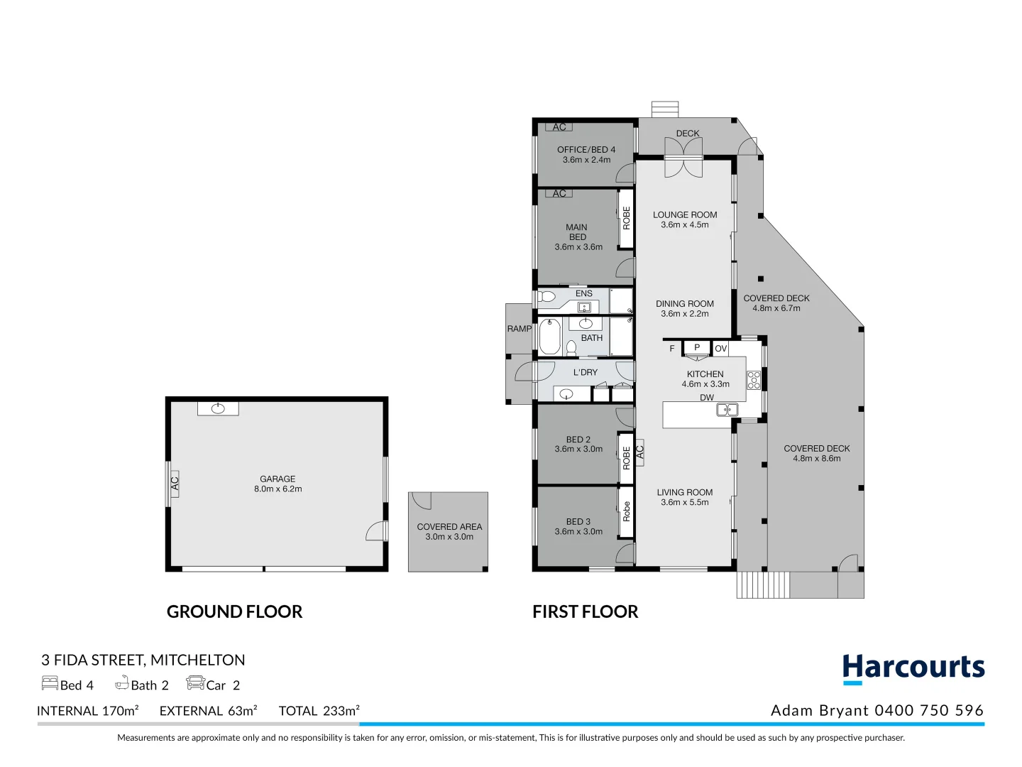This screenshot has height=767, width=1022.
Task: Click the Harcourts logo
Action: (x=913, y=669)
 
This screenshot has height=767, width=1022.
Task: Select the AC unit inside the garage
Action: (x=174, y=483)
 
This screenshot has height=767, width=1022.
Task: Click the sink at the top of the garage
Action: (x=218, y=408)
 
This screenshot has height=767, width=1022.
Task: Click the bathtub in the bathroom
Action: (x=550, y=337)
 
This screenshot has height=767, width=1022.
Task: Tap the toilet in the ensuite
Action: (x=546, y=296)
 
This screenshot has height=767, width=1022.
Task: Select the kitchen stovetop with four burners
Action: (x=754, y=380)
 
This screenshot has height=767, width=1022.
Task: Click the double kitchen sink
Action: (x=727, y=410)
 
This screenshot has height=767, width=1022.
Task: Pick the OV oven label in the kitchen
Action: (x=720, y=348)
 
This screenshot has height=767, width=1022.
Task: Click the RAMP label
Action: (x=519, y=329)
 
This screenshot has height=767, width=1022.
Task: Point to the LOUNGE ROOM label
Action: (x=685, y=214)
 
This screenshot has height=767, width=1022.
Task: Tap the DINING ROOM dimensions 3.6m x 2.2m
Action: (x=685, y=314)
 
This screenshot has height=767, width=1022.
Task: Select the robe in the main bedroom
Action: (x=626, y=218)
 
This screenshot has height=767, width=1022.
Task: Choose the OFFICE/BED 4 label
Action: (x=586, y=150)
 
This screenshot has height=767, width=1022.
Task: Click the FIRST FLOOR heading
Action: (x=585, y=611)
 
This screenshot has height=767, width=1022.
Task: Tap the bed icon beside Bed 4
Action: (x=50, y=683)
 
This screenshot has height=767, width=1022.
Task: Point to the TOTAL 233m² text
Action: (x=319, y=711)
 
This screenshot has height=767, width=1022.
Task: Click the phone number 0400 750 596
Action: (x=929, y=710)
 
